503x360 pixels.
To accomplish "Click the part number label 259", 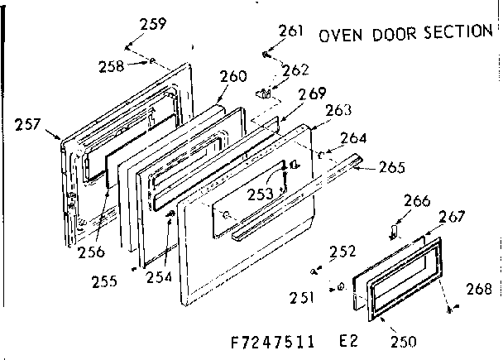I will point(153,24).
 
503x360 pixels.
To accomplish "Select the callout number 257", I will point(29,126).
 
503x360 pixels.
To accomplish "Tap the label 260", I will point(233,77).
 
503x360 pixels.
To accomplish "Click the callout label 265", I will point(391,167).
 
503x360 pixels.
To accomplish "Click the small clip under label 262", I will point(266,94).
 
